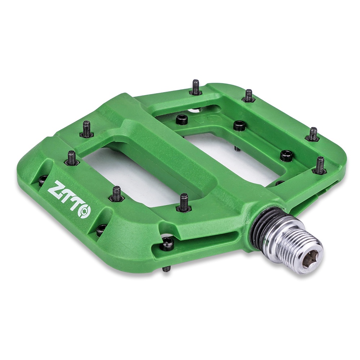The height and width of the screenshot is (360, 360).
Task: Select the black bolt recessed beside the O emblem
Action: click(x=101, y=229)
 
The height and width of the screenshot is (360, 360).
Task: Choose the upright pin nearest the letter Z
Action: click(x=72, y=158)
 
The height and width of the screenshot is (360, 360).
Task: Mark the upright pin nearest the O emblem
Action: click(x=116, y=193)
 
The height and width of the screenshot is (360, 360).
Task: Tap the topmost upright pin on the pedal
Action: click(x=195, y=87)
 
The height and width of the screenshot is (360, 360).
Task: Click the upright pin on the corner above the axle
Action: click(x=320, y=165)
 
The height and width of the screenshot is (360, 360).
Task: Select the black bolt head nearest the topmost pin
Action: click(x=182, y=119)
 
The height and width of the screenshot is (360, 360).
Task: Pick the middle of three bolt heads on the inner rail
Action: click(x=239, y=125)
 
